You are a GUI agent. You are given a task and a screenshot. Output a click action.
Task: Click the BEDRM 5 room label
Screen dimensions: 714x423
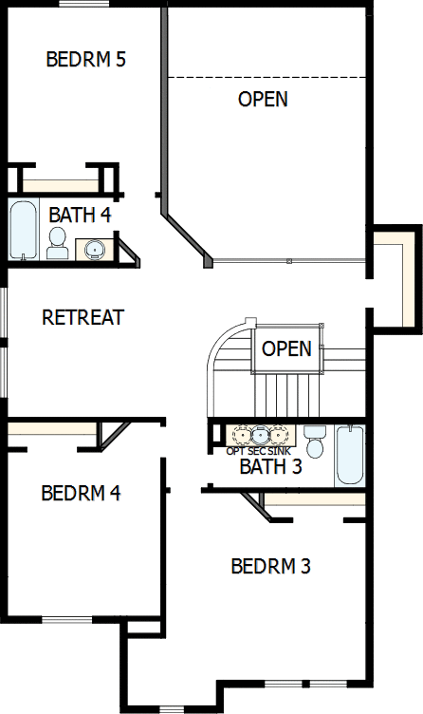86,60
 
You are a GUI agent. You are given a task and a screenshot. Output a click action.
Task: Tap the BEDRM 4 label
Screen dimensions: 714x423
81,494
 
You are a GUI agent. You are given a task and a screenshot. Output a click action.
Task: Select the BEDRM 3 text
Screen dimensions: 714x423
271,567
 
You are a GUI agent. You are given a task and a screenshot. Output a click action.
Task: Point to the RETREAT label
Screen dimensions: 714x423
83,317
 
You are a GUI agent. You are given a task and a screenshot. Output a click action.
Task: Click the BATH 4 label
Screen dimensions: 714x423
80,215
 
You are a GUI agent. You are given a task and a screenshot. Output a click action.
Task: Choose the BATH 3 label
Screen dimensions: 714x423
270,466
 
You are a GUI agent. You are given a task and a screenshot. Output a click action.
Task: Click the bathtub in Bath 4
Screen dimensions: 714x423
24,229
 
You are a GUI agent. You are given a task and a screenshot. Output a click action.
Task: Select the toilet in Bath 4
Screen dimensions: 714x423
58,243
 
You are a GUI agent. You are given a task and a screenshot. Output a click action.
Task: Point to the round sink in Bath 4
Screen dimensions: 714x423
94,249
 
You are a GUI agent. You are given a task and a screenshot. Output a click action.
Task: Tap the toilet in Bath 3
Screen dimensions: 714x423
315,442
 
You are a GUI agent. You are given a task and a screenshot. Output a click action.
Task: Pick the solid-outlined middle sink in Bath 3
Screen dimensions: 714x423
259,436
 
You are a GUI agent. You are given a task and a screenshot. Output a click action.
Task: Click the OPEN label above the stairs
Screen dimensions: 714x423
286,348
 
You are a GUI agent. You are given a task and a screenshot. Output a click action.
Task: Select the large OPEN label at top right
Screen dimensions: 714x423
263,99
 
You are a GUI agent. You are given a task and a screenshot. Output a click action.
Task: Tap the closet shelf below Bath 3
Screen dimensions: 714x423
313,498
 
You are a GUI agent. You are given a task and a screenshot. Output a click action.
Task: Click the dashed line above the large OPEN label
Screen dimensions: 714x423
267,76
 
